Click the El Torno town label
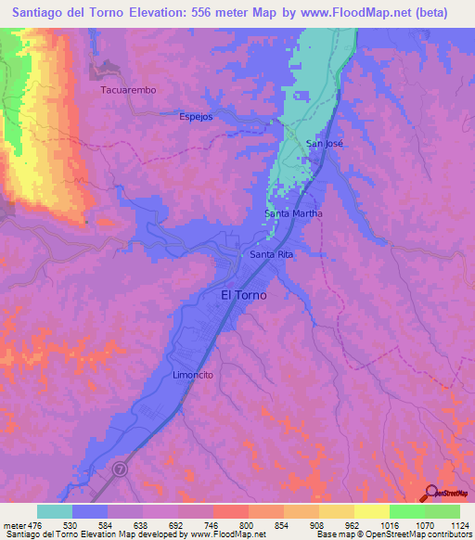pyautogui.click(x=243, y=295)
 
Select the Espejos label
pyautogui.click(x=196, y=117)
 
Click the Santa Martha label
pyautogui.click(x=294, y=213)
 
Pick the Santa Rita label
pyautogui.click(x=272, y=253)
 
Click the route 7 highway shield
pyautogui.click(x=120, y=470)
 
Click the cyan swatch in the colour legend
pyautogui.click(x=55, y=511)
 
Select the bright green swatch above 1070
pyautogui.click(x=406, y=511)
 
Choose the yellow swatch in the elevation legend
pyautogui.click(x=371, y=511)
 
